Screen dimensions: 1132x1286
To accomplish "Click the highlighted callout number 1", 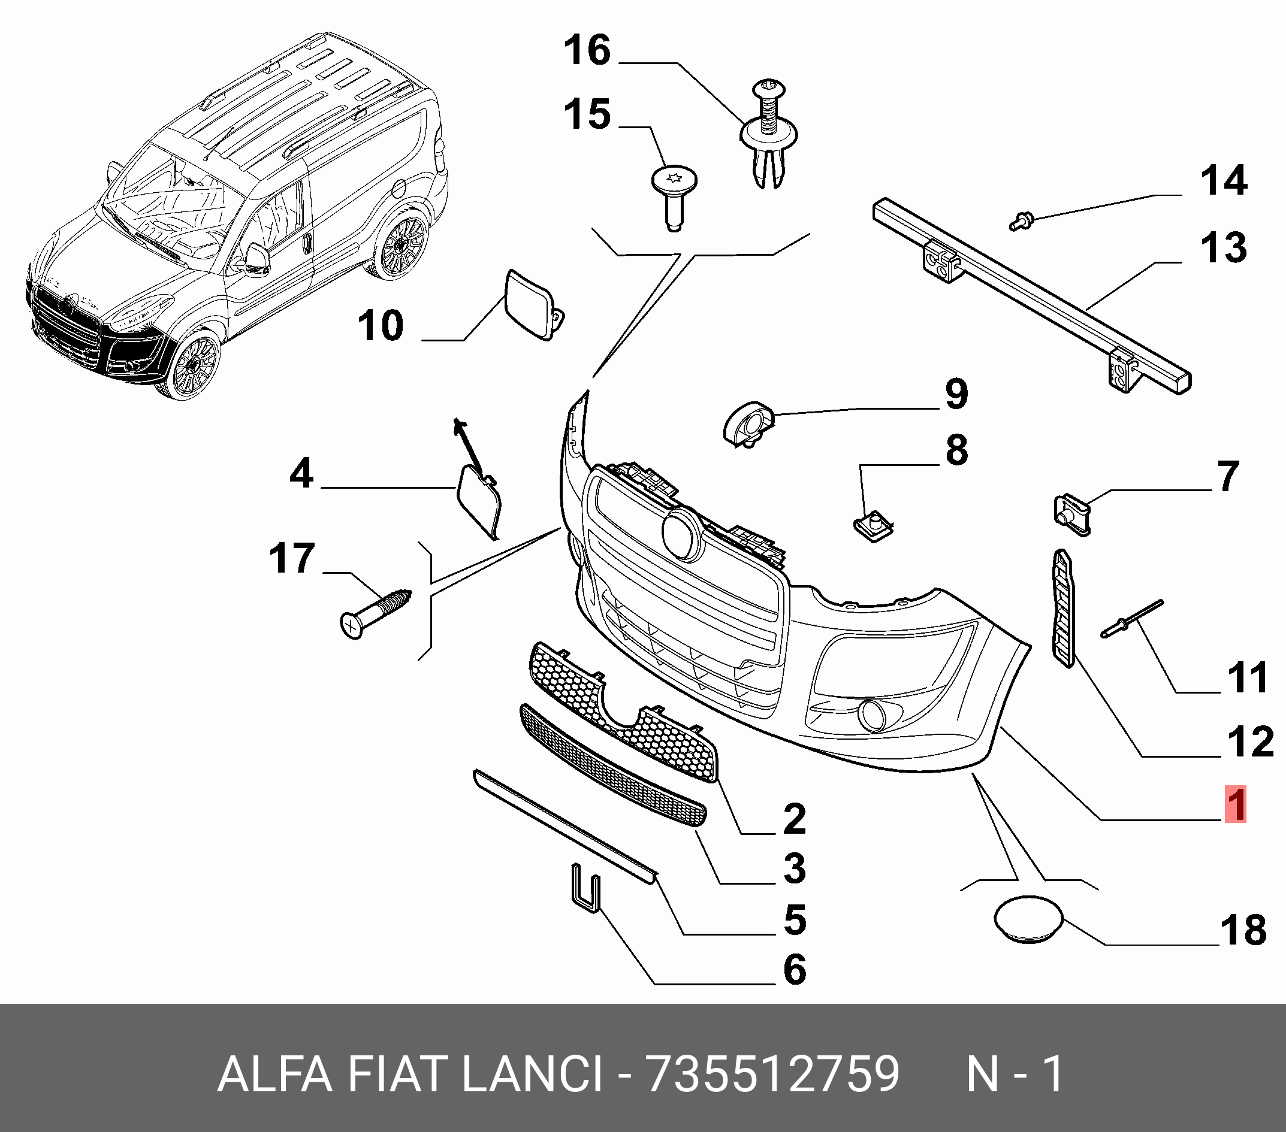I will (1236, 804).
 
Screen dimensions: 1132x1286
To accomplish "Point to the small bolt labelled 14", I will (1021, 221).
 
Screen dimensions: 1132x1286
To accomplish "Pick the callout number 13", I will (1223, 247).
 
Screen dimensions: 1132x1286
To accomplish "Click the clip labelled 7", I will (1071, 512).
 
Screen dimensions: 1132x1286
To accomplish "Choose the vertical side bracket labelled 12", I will (1063, 607).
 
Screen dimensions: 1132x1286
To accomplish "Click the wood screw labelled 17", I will (375, 613).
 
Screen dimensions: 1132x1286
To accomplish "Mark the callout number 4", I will (301, 473).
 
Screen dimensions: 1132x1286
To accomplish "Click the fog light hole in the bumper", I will (873, 715).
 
